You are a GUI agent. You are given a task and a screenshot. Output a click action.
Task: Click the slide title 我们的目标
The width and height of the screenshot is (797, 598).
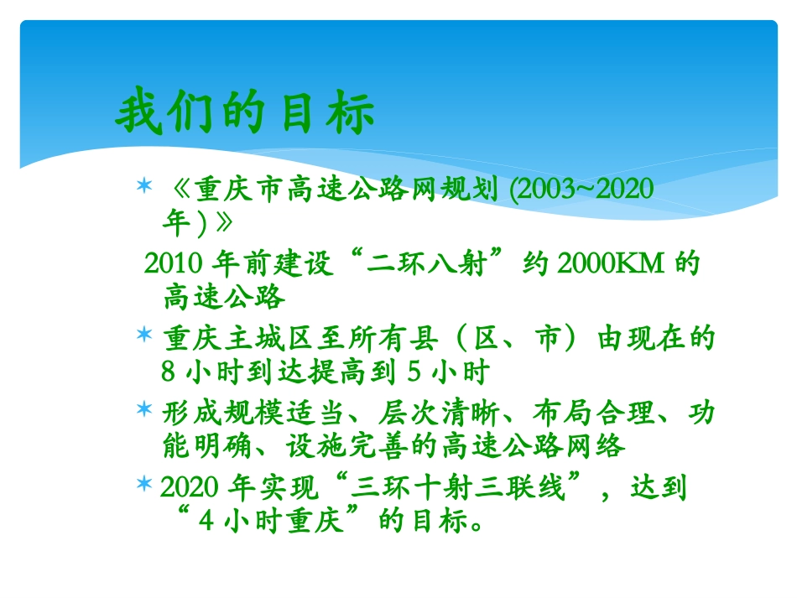pos(245,115)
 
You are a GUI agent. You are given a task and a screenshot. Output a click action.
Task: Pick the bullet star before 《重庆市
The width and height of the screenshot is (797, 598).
pos(144,184)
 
